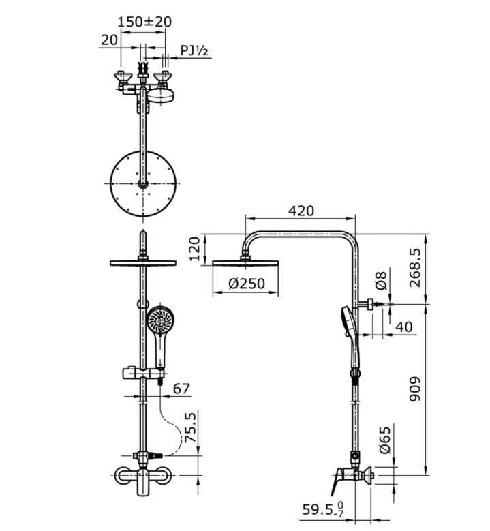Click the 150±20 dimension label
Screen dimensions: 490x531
point(144,22)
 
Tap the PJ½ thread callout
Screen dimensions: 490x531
point(194,51)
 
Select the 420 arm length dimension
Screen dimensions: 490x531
point(301,211)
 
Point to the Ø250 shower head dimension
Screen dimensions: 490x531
point(247,283)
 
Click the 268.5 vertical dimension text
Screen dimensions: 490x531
point(415,267)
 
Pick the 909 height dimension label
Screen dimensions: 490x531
point(415,389)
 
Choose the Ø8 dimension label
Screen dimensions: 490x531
point(381,280)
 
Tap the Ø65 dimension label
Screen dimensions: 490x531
point(385,440)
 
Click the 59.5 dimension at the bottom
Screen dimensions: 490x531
point(323,510)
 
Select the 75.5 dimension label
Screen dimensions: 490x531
point(192,427)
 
